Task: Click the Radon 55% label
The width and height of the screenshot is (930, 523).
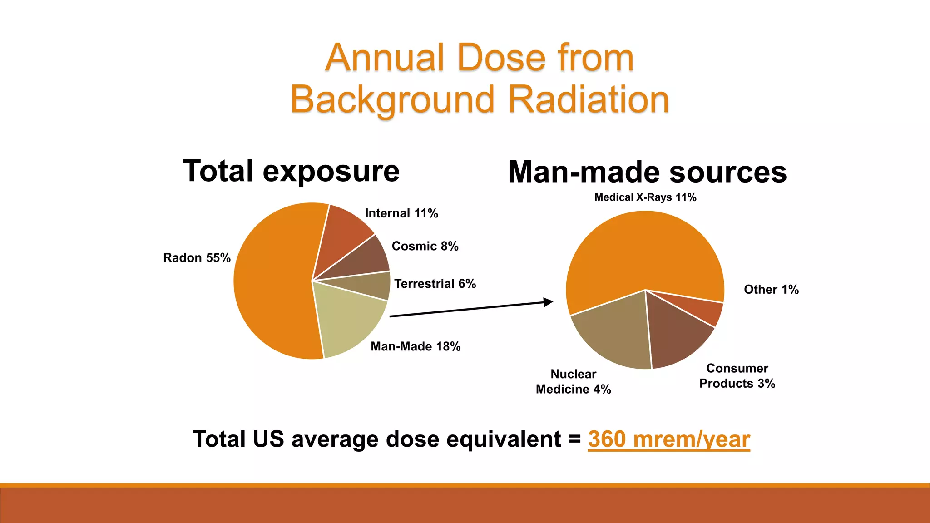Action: (197, 258)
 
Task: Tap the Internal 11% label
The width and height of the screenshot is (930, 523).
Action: (401, 213)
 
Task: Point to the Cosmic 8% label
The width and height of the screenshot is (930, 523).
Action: (425, 246)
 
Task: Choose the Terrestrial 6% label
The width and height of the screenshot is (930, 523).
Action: (435, 284)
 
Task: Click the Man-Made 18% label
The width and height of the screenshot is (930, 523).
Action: (416, 346)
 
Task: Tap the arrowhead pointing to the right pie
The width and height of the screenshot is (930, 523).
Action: (549, 302)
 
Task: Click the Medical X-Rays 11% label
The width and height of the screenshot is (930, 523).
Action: (645, 197)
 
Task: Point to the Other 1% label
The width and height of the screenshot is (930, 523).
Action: (771, 290)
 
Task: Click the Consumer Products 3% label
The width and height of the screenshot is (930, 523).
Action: (737, 376)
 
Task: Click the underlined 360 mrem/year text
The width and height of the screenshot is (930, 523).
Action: (668, 439)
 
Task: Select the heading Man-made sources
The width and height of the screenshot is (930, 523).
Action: (647, 173)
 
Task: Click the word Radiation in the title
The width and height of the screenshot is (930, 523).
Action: (589, 100)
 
